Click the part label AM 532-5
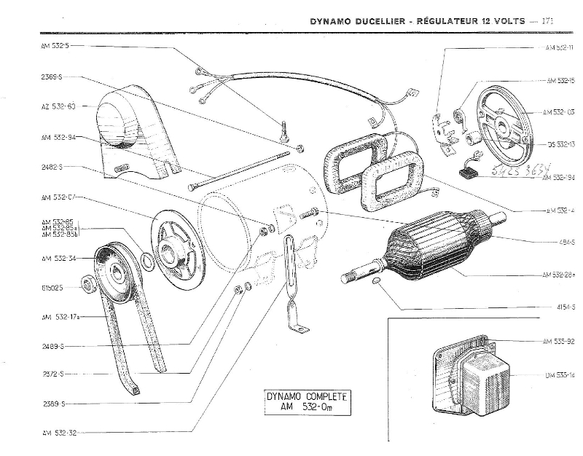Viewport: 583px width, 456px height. point(56,45)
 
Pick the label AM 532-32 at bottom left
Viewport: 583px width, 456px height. point(58,432)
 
